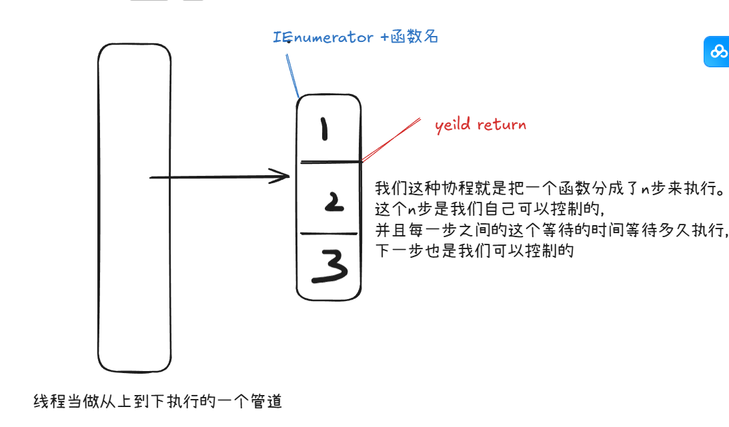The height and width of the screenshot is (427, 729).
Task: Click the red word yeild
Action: coord(453,125)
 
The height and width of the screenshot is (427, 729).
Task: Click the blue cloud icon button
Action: coord(718,51)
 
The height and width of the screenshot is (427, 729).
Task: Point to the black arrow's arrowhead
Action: coord(284,177)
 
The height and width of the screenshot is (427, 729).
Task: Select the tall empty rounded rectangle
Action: coord(134,208)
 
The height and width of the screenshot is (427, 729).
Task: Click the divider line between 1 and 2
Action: coord(329,162)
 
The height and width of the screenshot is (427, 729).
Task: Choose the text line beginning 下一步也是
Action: coord(474,252)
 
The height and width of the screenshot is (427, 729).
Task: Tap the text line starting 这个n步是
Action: coord(490,209)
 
